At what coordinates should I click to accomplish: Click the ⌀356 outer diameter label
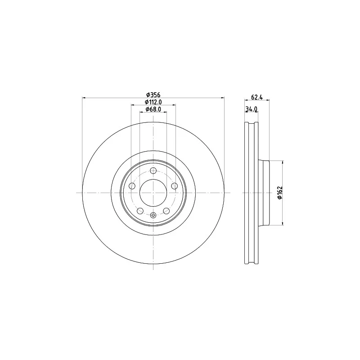(153, 94)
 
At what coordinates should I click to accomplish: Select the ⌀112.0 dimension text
(153, 102)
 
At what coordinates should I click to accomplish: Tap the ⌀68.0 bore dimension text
(153, 109)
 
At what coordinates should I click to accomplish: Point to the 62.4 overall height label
(256, 97)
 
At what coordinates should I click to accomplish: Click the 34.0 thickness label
(251, 109)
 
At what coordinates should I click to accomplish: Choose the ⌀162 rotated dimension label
(279, 193)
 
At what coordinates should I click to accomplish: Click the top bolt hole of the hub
(153, 171)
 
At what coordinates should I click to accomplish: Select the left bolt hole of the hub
(132, 186)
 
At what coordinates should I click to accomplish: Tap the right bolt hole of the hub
(174, 186)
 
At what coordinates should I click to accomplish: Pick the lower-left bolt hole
(140, 211)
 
